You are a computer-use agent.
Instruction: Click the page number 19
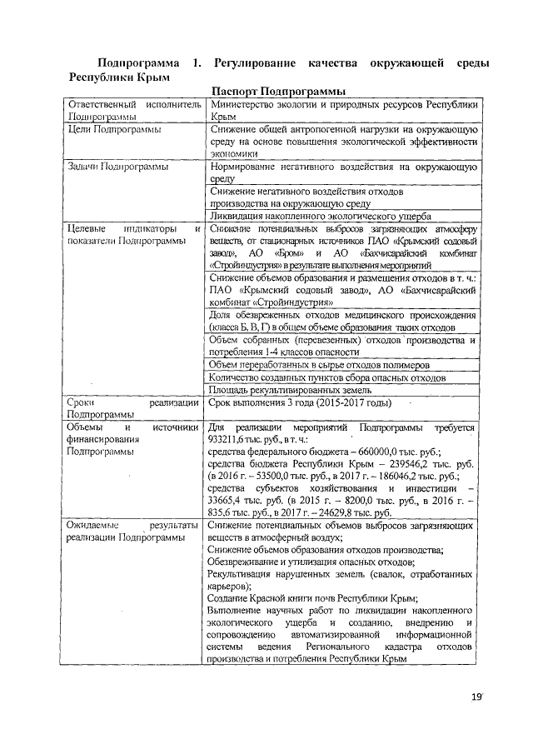477,695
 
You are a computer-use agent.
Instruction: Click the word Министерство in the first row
249,105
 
